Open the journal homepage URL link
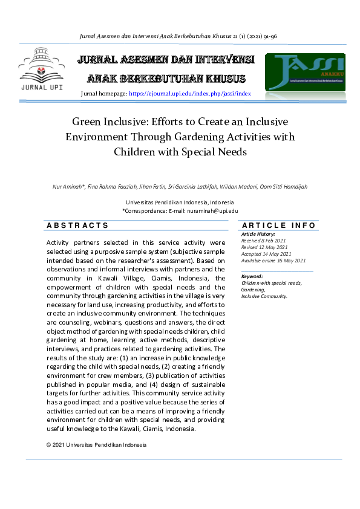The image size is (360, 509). pos(189,94)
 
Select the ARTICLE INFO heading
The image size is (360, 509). pos(278,225)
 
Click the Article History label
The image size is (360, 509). pos(258,234)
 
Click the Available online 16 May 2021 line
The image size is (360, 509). pos(273,260)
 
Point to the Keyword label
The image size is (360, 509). pos(252,276)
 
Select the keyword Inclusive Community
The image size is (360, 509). pos(264,296)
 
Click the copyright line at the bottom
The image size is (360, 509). pos(96,445)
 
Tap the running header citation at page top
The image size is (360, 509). pos(179,36)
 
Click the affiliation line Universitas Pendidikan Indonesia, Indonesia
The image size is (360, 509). pos(180,203)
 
